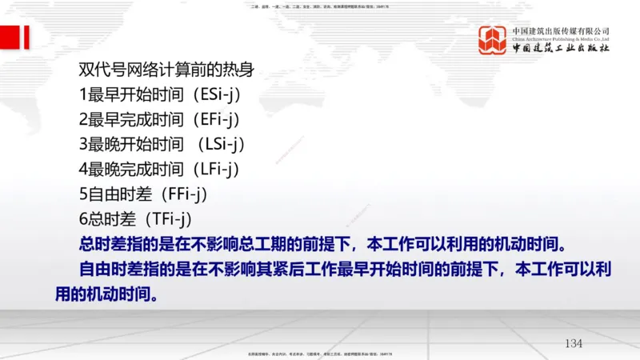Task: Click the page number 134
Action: click(574, 343)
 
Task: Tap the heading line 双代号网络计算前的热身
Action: click(166, 70)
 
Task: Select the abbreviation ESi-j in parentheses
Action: click(216, 95)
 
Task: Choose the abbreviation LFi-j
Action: click(216, 170)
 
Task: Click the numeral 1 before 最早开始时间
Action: click(83, 95)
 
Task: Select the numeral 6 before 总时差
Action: click(83, 219)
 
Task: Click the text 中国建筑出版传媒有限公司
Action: click(561, 30)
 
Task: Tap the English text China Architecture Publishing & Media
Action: click(561, 38)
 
